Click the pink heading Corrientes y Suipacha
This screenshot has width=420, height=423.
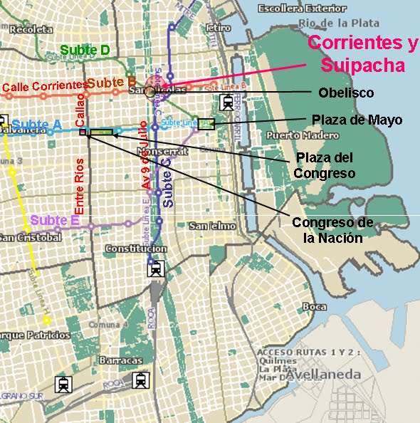tap(363, 54)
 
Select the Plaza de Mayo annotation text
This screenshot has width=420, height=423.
tap(357, 120)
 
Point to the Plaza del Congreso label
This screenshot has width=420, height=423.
tap(325, 164)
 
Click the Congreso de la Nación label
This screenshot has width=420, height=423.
tap(332, 229)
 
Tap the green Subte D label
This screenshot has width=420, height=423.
tap(85, 50)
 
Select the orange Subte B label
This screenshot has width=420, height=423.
tap(111, 81)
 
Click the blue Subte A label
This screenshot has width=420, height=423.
tap(37, 123)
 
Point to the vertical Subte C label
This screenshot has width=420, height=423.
tap(167, 182)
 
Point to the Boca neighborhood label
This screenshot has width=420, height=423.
tap(314, 307)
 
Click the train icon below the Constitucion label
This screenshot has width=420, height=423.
tap(157, 268)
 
